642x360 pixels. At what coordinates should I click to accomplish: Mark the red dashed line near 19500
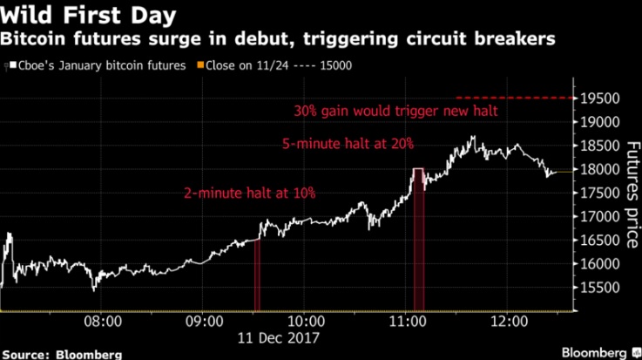[514, 97]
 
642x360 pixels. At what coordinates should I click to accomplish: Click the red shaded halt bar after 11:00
[418, 240]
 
